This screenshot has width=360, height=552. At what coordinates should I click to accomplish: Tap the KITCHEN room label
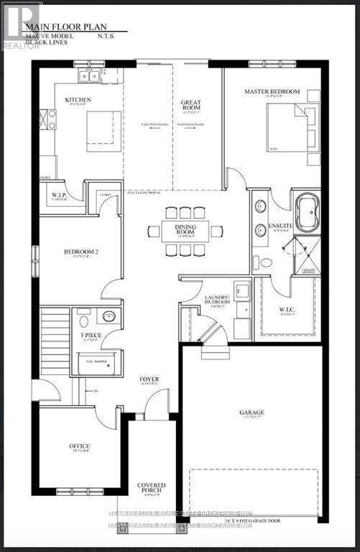78,99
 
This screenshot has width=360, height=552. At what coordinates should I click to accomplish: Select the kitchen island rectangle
101,131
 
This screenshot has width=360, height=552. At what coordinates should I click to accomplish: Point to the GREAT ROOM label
190,107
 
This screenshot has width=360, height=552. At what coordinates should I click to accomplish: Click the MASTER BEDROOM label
272,92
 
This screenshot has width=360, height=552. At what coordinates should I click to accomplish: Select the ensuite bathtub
305,213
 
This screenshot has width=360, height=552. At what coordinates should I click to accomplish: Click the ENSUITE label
280,226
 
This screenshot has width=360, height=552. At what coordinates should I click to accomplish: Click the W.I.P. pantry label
60,195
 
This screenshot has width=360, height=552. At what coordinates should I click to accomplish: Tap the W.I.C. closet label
287,310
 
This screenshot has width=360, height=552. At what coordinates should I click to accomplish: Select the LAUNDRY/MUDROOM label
216,300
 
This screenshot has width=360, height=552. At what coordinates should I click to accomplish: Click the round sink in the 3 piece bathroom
109,316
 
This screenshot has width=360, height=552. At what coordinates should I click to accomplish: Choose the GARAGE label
251,413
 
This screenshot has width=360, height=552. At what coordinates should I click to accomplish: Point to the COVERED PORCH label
151,489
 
